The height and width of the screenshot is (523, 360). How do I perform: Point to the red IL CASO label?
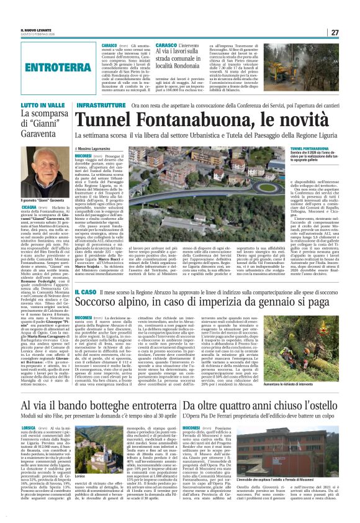pyautogui.click(x=85, y=291)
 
